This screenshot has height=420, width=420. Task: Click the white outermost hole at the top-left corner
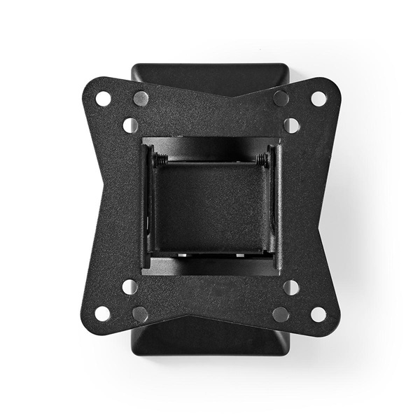(x=104, y=99)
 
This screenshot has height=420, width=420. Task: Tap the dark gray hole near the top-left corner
(x=141, y=98)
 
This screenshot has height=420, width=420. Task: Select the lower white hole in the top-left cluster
(x=130, y=125)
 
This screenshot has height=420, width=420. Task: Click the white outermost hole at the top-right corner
(x=318, y=99)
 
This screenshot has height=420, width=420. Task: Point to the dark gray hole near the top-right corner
(x=281, y=98)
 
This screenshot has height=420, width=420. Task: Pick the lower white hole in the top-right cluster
(x=291, y=125)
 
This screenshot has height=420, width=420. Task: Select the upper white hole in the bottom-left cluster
(x=129, y=287)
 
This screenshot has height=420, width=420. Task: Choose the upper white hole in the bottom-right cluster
(x=291, y=287)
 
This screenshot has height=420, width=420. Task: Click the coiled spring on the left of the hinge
(x=160, y=160)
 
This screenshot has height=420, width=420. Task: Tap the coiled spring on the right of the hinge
(x=262, y=160)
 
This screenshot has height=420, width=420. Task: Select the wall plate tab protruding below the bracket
(x=210, y=339)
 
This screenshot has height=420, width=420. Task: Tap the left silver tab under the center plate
(x=182, y=255)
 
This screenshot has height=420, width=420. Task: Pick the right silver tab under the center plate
(x=239, y=255)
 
